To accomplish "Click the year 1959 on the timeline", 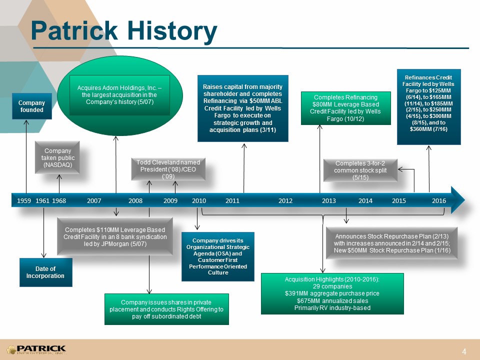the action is [24, 201].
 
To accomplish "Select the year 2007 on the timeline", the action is [94, 201].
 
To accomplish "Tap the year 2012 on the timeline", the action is [285, 201].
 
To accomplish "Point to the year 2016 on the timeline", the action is [439, 201].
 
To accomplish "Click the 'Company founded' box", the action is [32, 106].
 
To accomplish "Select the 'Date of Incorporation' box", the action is [46, 272].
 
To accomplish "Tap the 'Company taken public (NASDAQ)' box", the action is [57, 157].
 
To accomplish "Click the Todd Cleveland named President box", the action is [168, 169].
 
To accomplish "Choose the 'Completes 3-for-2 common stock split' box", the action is [360, 170].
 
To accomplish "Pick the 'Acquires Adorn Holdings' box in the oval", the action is [119, 95].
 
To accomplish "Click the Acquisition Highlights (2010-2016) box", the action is [332, 293].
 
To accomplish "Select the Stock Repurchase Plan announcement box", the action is [392, 243].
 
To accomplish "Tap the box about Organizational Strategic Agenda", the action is [218, 256].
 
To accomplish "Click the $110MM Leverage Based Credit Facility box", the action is [115, 236].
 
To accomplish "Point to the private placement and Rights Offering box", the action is [166, 309].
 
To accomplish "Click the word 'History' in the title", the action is [172, 31].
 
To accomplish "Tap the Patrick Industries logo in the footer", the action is [36, 349].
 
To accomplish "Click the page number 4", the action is [464, 351].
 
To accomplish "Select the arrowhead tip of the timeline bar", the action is [464, 200].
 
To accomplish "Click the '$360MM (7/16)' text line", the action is [428, 129].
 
